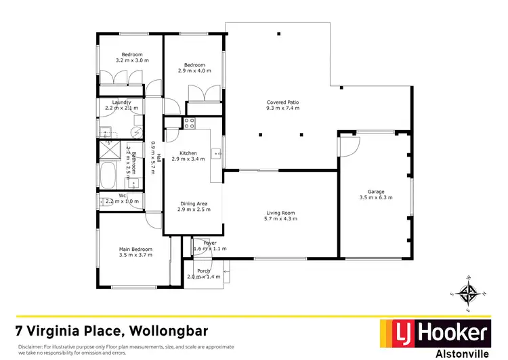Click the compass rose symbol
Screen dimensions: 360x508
tap(468, 293)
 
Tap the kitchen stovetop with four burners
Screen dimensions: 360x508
tap(189, 123)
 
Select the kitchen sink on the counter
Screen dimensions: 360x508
tap(217, 154)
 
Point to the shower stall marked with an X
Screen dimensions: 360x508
tap(109, 148)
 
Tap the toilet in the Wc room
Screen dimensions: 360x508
tap(103, 200)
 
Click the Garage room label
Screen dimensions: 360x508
tap(376, 192)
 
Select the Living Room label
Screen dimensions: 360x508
tap(280, 214)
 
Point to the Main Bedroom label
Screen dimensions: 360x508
tap(135, 249)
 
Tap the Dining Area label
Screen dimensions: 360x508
tap(193, 203)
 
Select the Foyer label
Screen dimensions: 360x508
tap(209, 242)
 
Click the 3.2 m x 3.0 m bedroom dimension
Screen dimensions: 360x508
tap(131, 60)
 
